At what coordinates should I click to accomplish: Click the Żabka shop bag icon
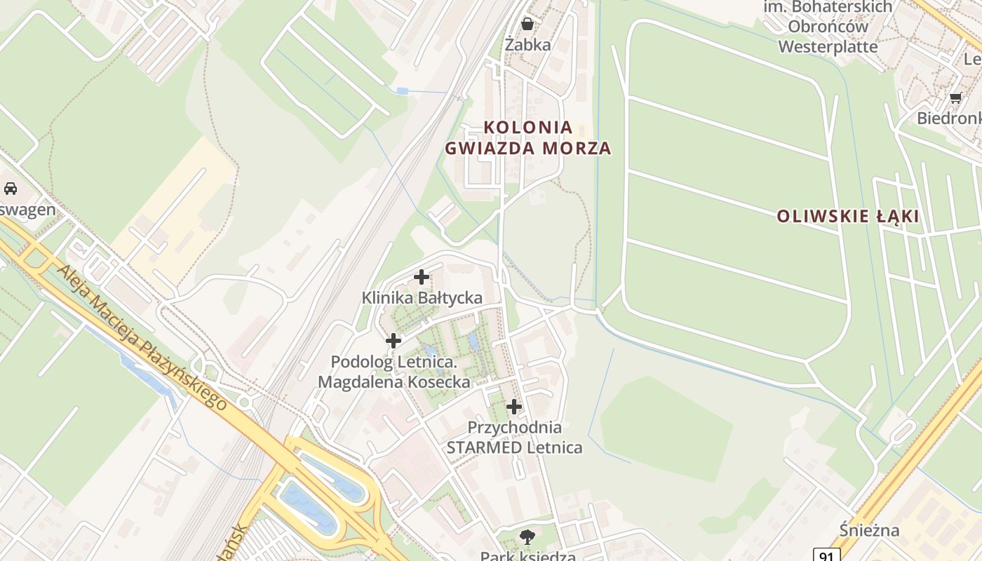tap(527, 24)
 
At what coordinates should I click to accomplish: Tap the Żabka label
tap(527, 44)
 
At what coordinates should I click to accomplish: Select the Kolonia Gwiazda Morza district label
tap(528, 137)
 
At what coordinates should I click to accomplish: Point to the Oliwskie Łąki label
tap(847, 216)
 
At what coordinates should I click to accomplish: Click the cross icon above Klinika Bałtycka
tap(422, 277)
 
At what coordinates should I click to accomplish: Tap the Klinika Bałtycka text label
tap(422, 297)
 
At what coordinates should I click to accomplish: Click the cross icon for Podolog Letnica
tap(394, 341)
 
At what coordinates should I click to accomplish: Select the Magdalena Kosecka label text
tap(394, 382)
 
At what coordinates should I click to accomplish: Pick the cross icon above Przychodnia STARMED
tap(514, 406)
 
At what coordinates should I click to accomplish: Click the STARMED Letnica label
tap(514, 447)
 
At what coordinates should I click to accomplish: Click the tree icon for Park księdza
tap(527, 538)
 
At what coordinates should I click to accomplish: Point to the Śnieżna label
tap(869, 530)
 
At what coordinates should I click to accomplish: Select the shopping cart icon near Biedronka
tap(955, 97)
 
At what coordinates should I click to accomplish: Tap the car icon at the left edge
tap(11, 188)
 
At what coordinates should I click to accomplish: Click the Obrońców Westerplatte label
tap(828, 36)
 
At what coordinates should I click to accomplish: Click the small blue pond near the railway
tap(402, 91)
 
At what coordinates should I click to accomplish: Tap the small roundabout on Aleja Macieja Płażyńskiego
tap(245, 402)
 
